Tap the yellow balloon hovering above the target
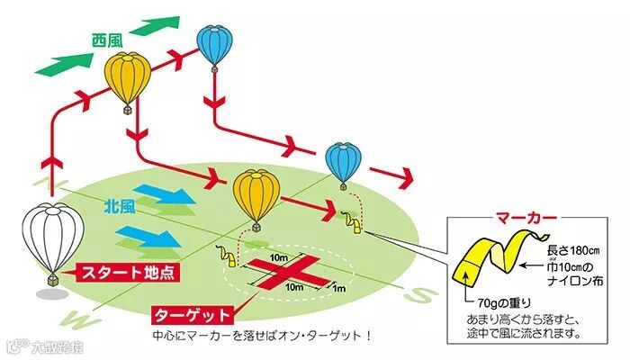pyautogui.click(x=255, y=196)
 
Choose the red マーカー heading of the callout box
pyautogui.click(x=526, y=218)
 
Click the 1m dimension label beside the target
pyautogui.click(x=340, y=290)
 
